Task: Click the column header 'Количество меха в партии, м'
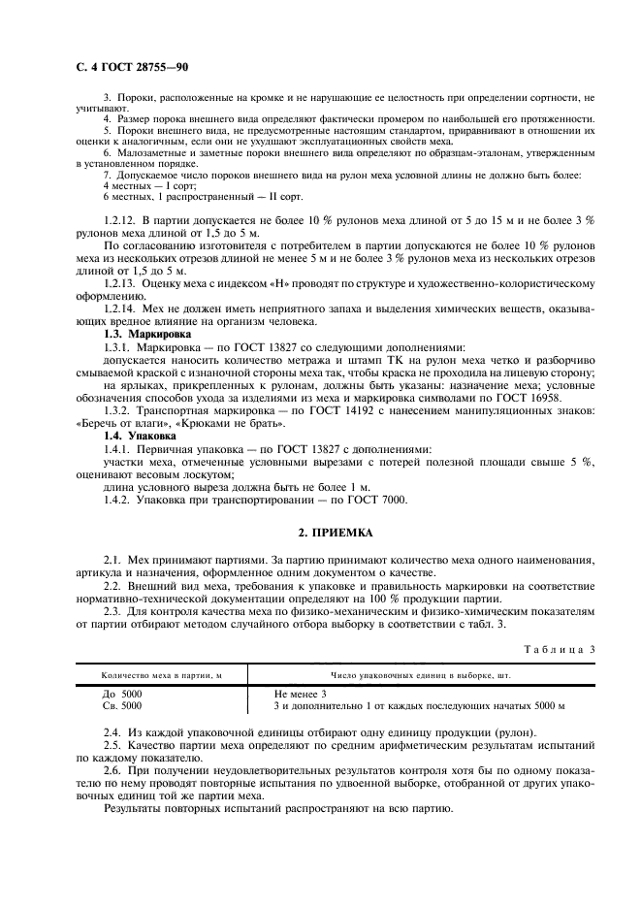pos(163,674)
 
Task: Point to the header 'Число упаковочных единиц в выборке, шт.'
pos(422,674)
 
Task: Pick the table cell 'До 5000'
pos(122,694)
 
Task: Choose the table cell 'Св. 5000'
pos(123,705)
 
